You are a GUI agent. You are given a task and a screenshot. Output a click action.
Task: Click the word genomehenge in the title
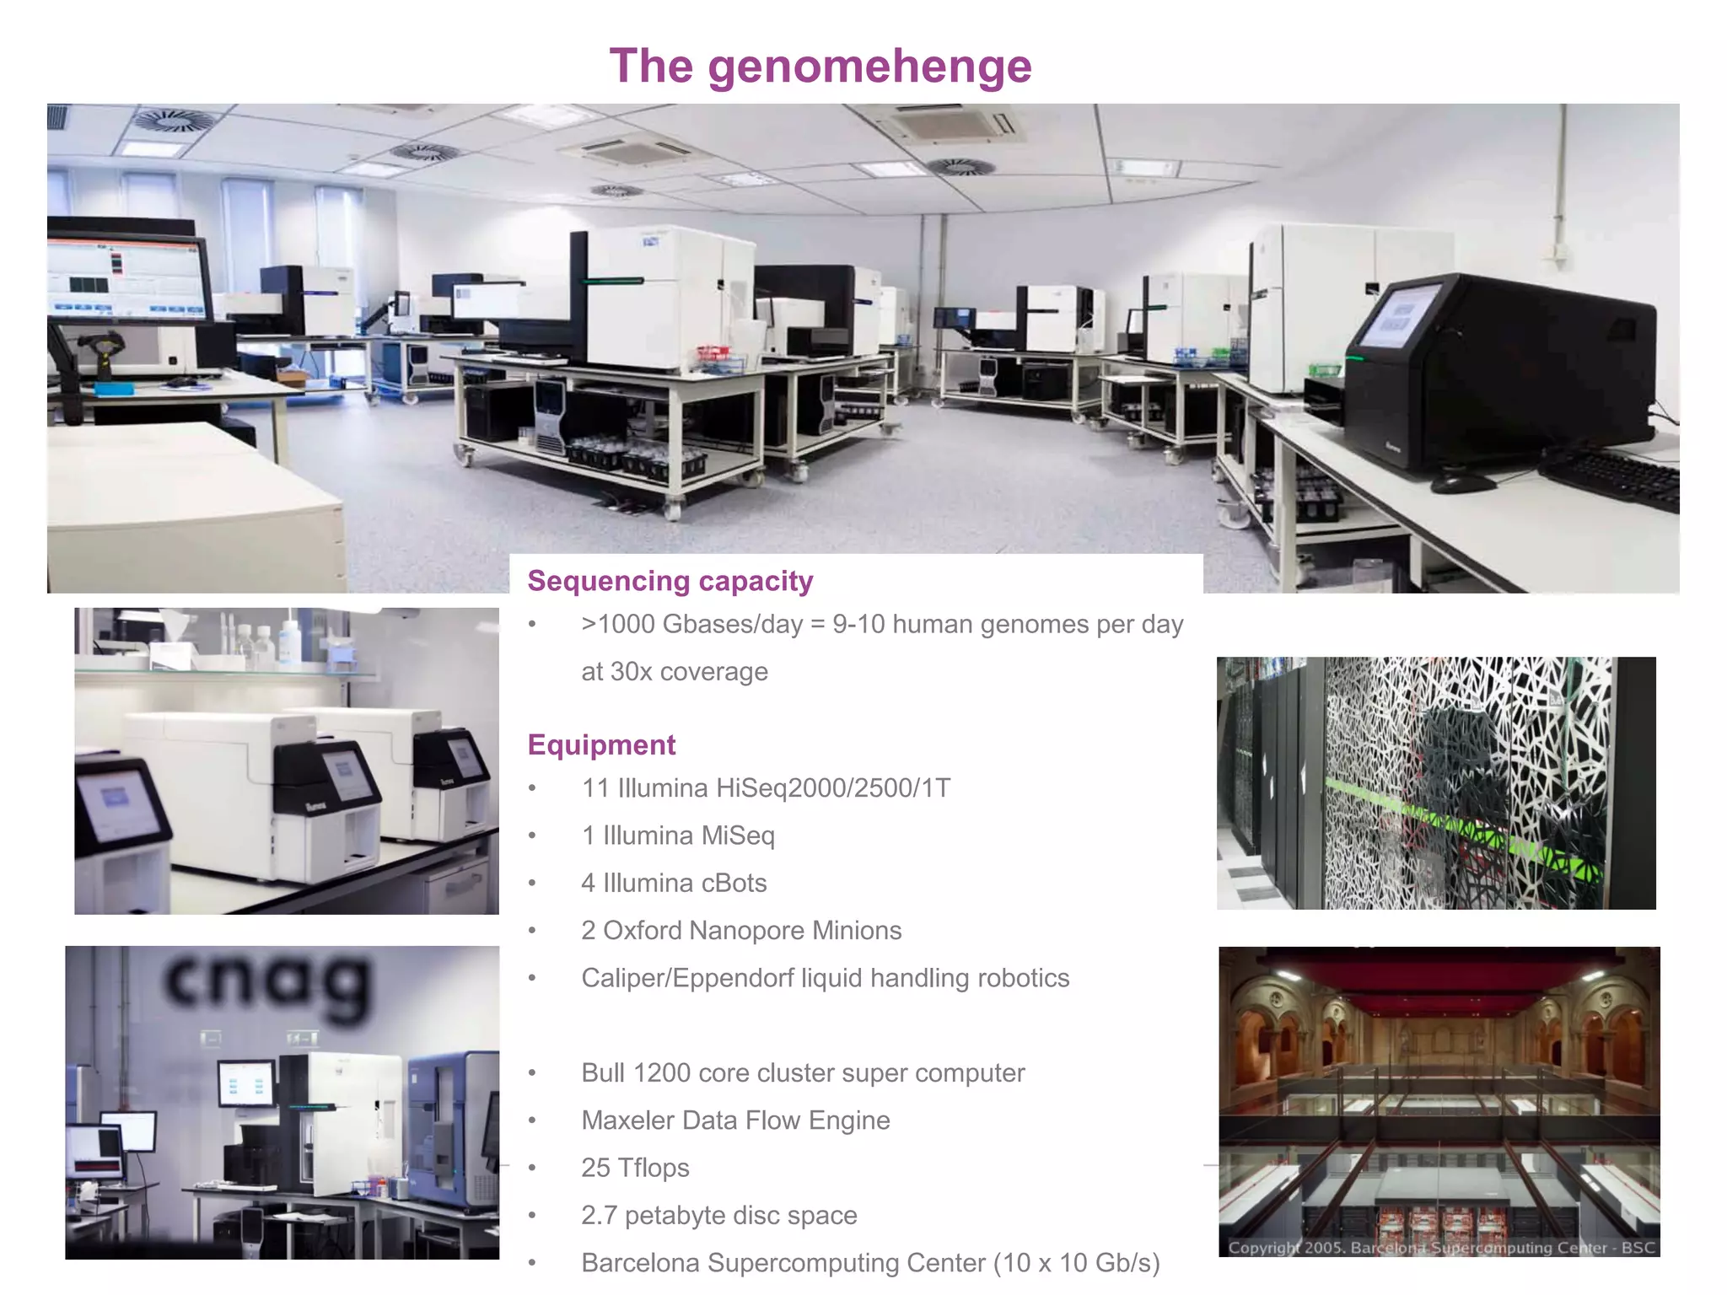tap(869, 67)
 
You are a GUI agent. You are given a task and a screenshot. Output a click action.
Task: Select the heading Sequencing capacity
tap(670, 581)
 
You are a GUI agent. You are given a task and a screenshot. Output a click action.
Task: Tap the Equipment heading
tap(601, 745)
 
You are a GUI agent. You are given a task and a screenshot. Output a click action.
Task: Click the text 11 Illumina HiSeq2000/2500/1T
tap(766, 788)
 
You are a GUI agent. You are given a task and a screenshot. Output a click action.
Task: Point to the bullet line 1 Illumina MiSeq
tap(677, 836)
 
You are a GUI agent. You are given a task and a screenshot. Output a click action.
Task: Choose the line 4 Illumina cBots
tap(674, 883)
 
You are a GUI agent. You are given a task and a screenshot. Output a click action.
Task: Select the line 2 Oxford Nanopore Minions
tap(741, 930)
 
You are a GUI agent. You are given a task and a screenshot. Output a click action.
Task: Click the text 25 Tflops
tap(635, 1168)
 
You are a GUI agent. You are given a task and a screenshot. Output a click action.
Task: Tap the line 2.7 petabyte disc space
tap(718, 1215)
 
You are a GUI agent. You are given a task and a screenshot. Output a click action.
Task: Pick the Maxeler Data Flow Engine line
tap(735, 1120)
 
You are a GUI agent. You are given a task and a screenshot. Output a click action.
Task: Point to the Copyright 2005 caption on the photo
tap(1440, 1247)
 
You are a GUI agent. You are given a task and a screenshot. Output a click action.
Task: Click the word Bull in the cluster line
tap(603, 1073)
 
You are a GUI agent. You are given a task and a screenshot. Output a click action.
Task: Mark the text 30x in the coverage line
tap(631, 672)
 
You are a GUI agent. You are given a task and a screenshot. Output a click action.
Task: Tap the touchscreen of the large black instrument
tap(1399, 316)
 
